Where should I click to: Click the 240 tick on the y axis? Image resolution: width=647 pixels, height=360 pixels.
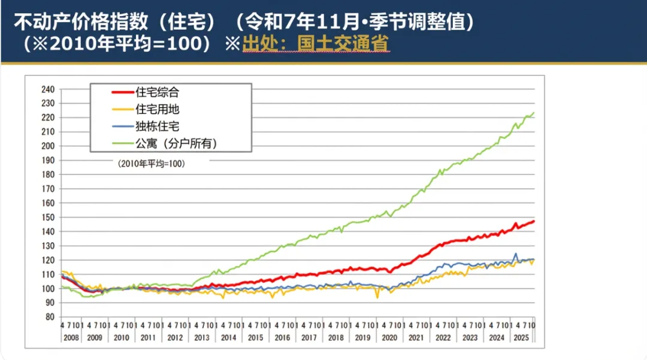click(48, 89)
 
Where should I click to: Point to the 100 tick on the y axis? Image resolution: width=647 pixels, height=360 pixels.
click(48, 288)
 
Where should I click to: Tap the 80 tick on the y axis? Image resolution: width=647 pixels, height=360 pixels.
click(50, 317)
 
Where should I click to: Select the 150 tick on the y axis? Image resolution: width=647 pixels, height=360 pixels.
click(48, 217)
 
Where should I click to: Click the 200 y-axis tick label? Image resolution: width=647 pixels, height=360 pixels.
click(48, 146)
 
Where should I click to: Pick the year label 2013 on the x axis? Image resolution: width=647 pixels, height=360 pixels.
click(202, 338)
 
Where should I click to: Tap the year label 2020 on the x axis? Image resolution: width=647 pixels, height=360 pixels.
click(389, 338)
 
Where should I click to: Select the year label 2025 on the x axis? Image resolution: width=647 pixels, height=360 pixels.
click(522, 338)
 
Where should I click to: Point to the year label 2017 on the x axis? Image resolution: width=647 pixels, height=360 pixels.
click(309, 338)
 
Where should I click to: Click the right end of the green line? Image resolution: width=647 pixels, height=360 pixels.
click(534, 113)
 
